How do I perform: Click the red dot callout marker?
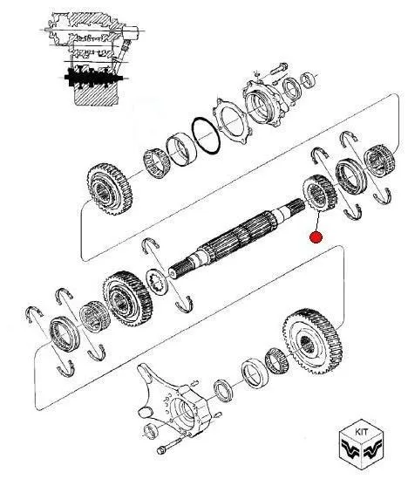316,237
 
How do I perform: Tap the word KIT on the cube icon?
362,432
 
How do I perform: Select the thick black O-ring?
206,136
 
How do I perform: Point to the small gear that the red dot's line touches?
319,194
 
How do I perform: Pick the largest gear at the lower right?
312,341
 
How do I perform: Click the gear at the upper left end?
110,189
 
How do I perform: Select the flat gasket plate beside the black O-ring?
232,121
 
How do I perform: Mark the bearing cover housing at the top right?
264,102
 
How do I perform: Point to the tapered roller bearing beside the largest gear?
276,359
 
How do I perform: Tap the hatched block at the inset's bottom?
95,96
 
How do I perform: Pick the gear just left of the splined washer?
127,298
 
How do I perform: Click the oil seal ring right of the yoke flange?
223,391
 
